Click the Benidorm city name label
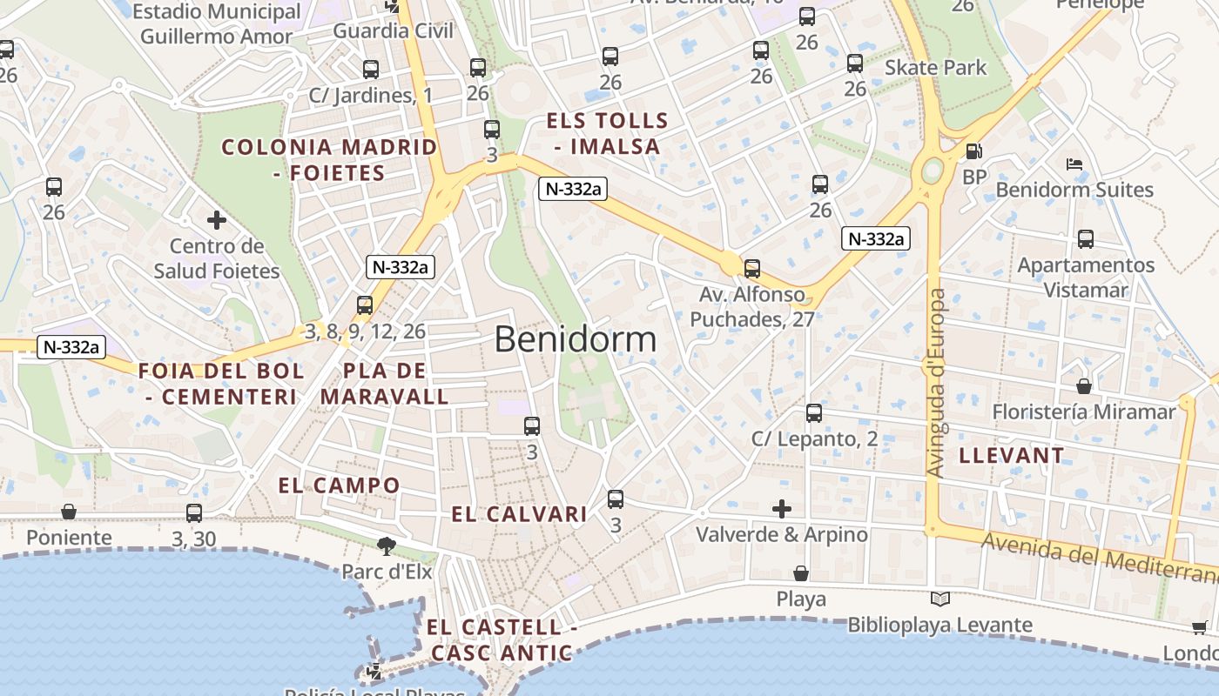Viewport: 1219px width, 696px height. [576, 338]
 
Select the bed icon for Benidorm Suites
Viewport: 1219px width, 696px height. [1074, 164]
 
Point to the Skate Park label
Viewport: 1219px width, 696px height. [936, 68]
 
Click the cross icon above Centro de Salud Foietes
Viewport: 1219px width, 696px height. [217, 220]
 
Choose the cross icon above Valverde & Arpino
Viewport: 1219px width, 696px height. [782, 508]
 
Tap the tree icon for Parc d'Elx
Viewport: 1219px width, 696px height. [386, 546]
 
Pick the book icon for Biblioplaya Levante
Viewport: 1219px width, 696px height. [940, 599]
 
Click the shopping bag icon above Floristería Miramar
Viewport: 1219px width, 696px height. [1084, 385]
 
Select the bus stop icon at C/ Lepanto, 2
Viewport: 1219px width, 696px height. [814, 412]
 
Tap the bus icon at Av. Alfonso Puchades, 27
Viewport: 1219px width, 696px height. [752, 268]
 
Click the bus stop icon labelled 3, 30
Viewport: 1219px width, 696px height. [194, 513]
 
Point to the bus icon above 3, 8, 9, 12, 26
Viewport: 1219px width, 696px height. [365, 305]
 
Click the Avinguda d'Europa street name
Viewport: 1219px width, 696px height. [937, 383]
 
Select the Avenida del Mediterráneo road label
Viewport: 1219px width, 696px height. [1097, 558]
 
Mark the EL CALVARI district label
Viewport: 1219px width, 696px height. [519, 514]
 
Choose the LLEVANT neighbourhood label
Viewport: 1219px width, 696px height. [1011, 455]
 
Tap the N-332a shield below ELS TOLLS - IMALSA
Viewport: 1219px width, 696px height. [571, 189]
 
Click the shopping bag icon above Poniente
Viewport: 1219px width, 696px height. [69, 512]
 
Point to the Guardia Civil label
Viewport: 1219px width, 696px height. [394, 31]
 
